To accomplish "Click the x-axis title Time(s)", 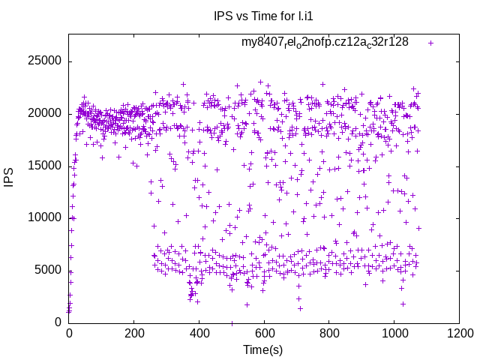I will (263, 349).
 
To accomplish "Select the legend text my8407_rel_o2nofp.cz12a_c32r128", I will (325, 42).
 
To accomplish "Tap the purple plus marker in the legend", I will (430, 43).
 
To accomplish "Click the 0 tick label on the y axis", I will (59, 322).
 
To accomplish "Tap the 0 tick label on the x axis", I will (69, 332).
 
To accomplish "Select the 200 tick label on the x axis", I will (134, 332).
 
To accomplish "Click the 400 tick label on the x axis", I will (199, 332).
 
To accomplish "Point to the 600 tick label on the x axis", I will (264, 332).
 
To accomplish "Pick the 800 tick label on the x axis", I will (328, 332).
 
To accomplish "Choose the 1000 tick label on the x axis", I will (394, 332).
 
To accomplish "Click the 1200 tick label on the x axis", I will (458, 332).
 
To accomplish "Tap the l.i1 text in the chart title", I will (305, 16).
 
